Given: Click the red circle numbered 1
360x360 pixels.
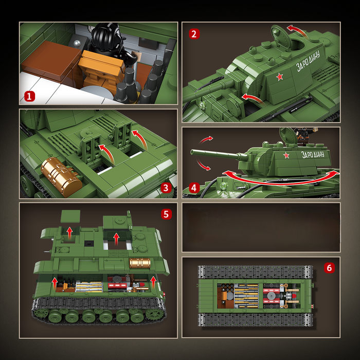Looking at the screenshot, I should click(30, 96).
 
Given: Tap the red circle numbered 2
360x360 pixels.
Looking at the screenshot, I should click(194, 34).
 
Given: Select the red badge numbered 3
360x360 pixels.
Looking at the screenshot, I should click(166, 188).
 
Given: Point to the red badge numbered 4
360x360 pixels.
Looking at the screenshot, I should click(194, 188).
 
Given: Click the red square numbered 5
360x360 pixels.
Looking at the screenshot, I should click(166, 213).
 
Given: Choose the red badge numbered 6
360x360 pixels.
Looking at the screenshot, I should click(330, 268).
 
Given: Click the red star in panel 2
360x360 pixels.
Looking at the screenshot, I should click(280, 77).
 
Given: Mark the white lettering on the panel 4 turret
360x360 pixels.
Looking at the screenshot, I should click(313, 154).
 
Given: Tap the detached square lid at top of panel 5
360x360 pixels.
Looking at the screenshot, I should click(70, 216).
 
